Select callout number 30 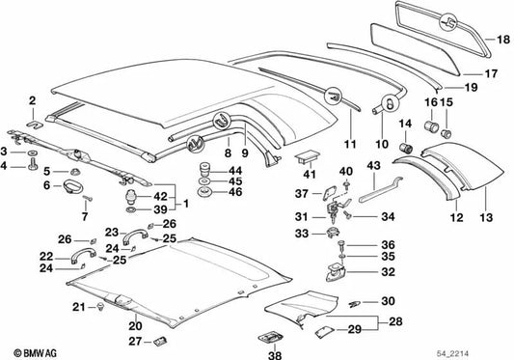coord(387,301)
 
